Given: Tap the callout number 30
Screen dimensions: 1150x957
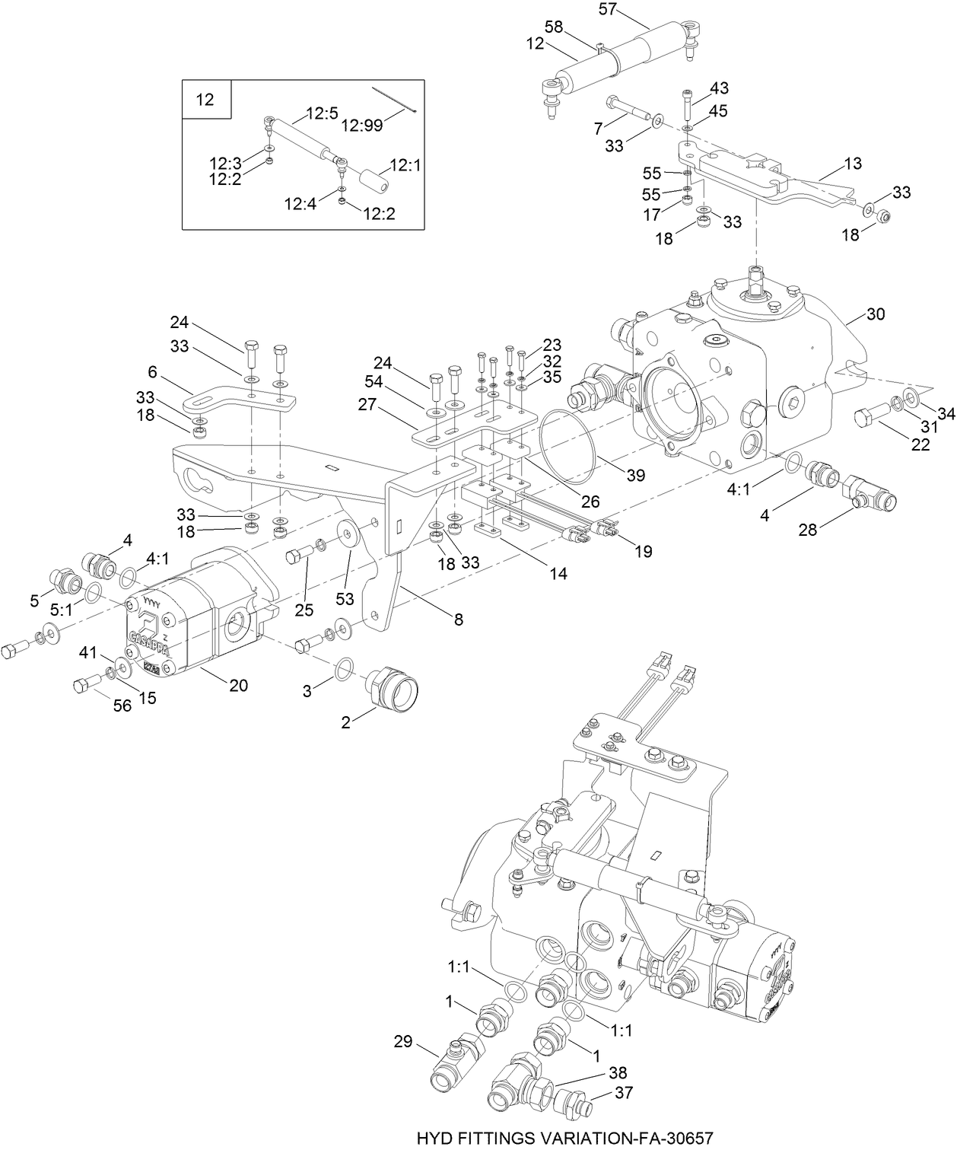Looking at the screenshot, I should pyautogui.click(x=876, y=314).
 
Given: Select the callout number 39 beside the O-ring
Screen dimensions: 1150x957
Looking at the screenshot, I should pyautogui.click(x=635, y=475).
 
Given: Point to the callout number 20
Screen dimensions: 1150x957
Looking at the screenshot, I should pyautogui.click(x=239, y=685).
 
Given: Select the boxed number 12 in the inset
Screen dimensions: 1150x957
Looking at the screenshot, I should pyautogui.click(x=205, y=100).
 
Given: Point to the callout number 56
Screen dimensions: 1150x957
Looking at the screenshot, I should pyautogui.click(x=122, y=706).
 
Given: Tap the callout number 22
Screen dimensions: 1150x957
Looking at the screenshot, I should pyautogui.click(x=920, y=445).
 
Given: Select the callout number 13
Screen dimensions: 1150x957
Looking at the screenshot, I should pyautogui.click(x=853, y=164).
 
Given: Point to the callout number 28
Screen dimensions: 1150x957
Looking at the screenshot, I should pyautogui.click(x=807, y=529).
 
